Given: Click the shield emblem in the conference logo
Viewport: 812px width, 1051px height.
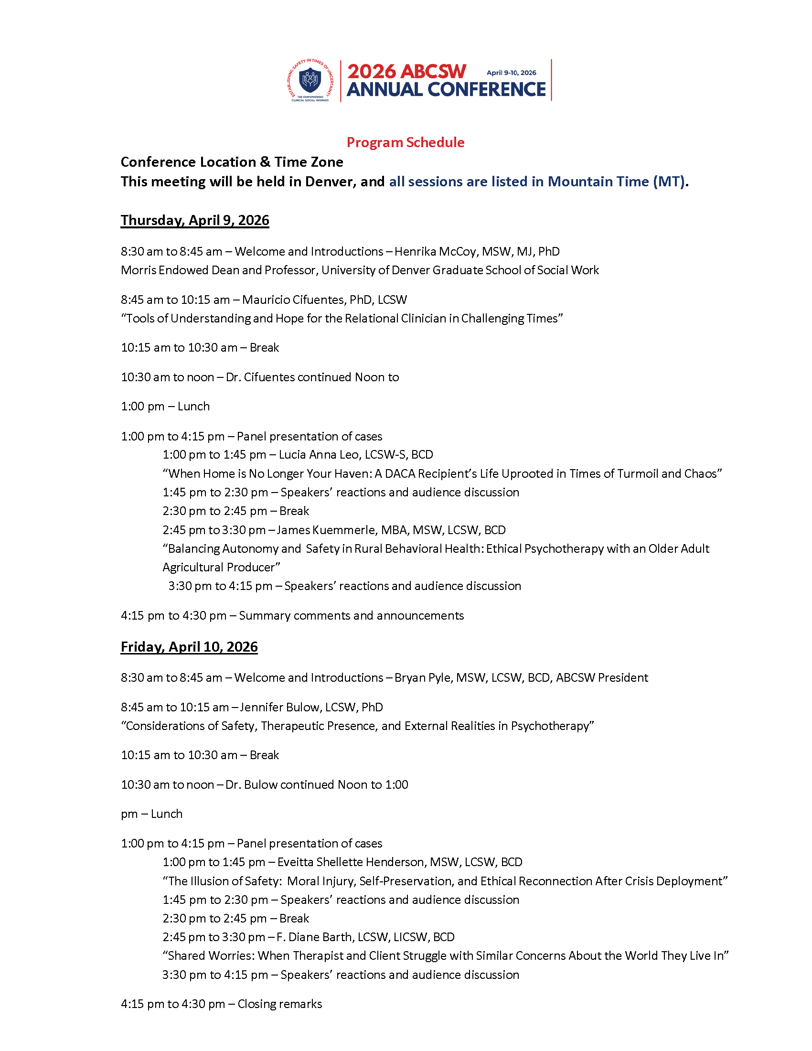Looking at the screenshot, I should point(310,80).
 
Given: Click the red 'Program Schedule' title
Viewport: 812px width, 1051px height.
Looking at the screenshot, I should point(406,142).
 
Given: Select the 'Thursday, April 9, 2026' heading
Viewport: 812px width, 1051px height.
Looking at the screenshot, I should point(195,220).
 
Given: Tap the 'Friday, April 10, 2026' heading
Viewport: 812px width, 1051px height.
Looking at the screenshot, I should point(189,647).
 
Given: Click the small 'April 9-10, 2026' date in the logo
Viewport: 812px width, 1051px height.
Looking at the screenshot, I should point(512,73).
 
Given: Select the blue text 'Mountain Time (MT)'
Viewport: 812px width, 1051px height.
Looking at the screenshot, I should point(616,182).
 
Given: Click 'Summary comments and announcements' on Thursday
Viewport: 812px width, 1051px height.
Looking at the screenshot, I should point(351,615).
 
